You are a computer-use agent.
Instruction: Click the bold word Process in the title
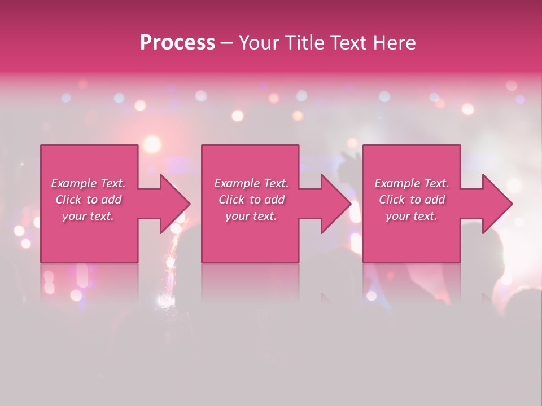point(177,43)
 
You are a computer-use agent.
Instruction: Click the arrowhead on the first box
point(172,204)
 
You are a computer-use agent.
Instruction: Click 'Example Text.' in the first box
point(88,183)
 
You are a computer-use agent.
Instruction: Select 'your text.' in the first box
point(88,216)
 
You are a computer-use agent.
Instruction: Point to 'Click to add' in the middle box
point(251,200)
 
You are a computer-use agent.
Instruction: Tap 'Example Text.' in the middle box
point(251,183)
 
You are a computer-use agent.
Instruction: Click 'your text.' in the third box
point(412,216)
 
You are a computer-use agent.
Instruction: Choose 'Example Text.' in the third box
point(412,183)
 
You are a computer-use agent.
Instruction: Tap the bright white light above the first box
point(151,144)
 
